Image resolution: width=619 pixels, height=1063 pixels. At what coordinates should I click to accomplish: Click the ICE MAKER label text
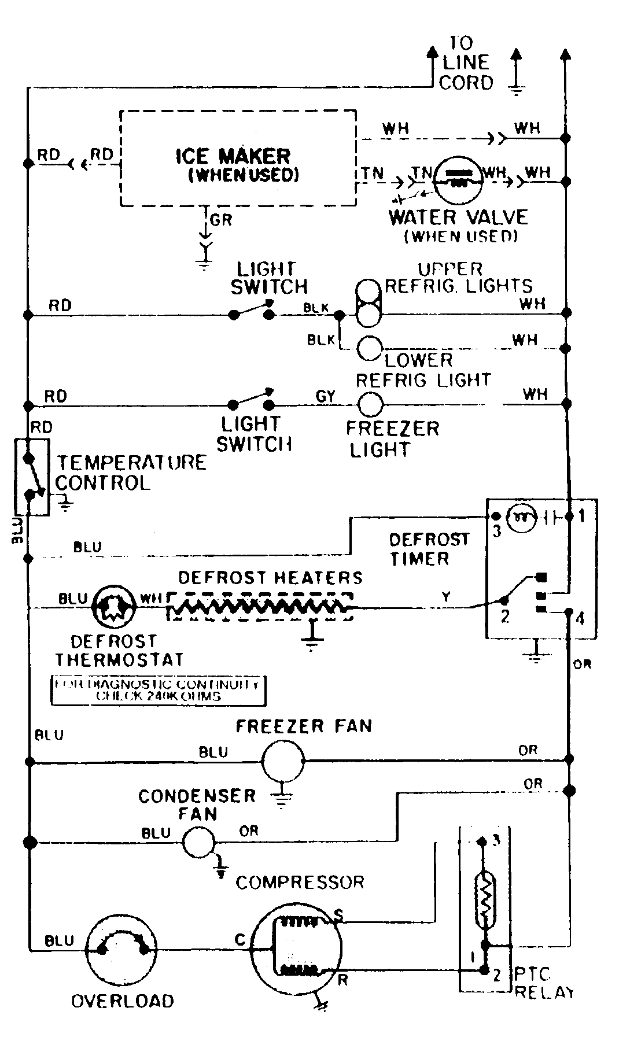(233, 156)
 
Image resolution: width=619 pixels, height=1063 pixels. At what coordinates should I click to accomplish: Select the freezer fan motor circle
(283, 761)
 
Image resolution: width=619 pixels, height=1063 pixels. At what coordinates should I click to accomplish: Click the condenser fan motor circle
(199, 842)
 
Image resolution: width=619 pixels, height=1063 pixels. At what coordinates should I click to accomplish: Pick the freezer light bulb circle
(370, 404)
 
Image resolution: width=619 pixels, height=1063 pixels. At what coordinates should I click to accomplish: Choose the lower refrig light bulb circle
(370, 349)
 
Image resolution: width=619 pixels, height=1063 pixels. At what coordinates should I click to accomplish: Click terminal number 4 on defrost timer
(581, 619)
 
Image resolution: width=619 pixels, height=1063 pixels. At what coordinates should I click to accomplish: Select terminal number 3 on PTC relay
(495, 841)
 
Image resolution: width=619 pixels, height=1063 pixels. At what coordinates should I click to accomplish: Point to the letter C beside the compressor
(240, 941)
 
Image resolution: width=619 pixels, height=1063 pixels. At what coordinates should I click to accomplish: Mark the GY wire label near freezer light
(326, 396)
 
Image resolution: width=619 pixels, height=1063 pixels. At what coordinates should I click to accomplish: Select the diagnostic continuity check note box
(158, 690)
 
